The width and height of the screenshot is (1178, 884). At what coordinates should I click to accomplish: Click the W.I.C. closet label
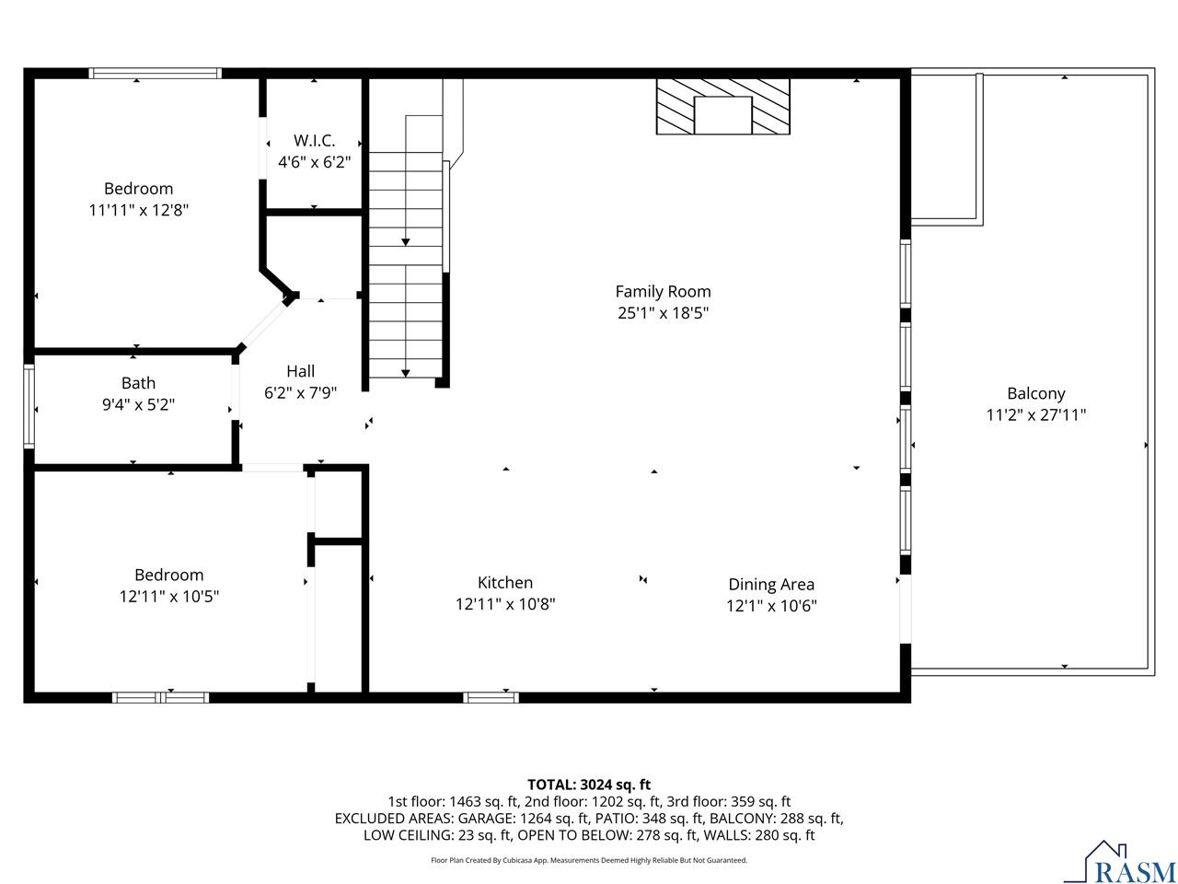point(314,141)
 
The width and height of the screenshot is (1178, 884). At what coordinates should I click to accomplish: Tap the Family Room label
point(663,292)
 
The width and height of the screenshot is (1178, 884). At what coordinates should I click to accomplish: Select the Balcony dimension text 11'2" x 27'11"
point(1035,414)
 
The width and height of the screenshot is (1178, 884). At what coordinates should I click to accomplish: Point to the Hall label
point(301,371)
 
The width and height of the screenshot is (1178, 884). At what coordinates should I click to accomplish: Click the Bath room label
point(138,383)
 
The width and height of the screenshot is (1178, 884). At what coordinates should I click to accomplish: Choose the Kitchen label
point(505,582)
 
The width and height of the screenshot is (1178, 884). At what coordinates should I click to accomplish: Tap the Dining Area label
point(771,584)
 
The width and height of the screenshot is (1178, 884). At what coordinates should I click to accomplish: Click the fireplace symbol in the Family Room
point(722,106)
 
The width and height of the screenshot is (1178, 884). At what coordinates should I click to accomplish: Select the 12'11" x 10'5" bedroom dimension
point(169,597)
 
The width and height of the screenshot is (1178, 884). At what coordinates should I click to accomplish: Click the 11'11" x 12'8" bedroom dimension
point(138,210)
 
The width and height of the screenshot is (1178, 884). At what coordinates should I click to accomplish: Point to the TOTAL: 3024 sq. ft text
point(589,785)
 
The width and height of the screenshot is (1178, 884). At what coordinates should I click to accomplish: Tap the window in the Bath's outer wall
point(29,406)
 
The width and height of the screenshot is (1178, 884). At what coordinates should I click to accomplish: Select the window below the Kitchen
point(491,697)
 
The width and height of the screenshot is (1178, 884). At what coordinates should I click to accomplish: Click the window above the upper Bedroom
point(156,74)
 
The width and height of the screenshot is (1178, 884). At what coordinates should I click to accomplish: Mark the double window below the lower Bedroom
point(160,697)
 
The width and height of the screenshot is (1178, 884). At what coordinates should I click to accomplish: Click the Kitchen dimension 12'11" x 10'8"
point(505,604)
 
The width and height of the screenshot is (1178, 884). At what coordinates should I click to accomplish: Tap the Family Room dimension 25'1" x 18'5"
point(663,313)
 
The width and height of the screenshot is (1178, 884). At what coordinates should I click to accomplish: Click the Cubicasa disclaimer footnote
point(589,860)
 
